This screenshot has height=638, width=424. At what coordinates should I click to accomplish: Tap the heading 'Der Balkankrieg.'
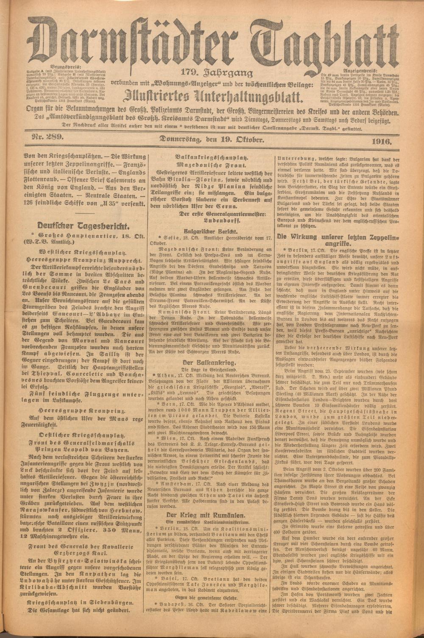tap(209, 363)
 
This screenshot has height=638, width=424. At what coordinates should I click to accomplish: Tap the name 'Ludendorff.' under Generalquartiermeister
tap(210, 221)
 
